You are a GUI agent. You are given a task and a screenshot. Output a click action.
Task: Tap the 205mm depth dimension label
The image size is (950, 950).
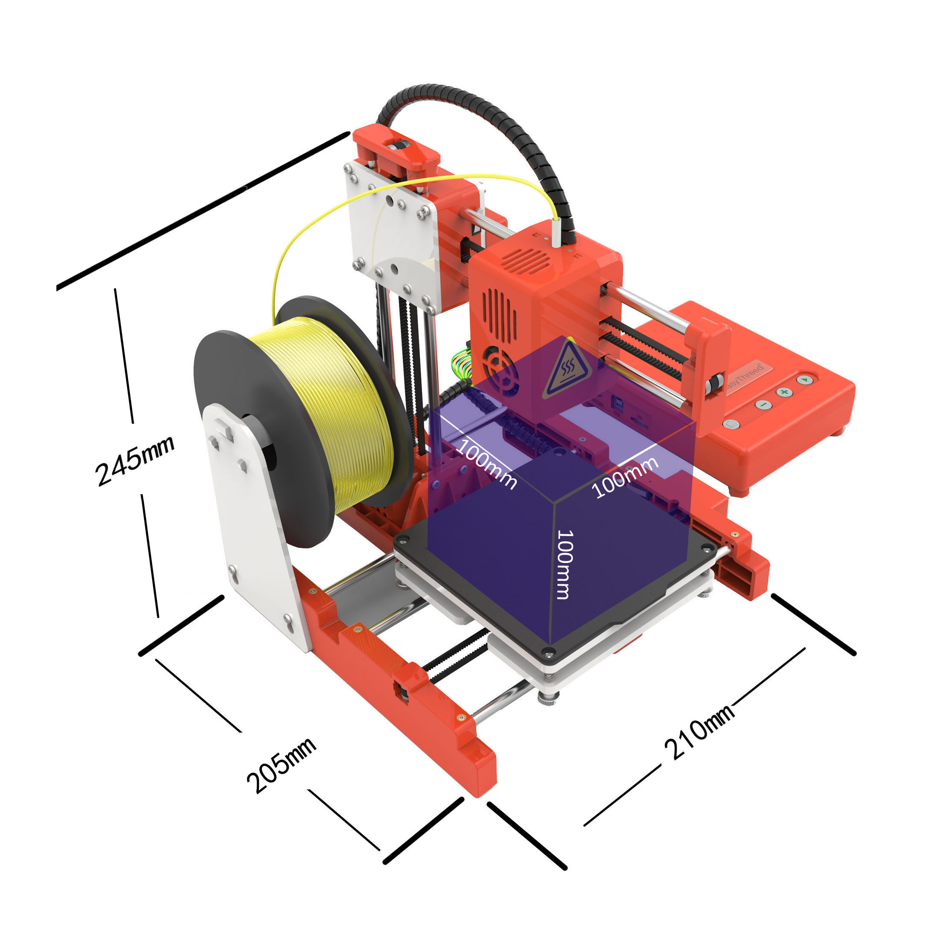coord(281,765)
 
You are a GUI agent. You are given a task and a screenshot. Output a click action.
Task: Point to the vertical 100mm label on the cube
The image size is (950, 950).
coord(565,565)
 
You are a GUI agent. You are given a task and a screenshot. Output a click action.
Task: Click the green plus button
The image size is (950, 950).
coord(784,392)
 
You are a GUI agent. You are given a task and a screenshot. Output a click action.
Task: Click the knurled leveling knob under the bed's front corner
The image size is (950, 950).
coord(549,698)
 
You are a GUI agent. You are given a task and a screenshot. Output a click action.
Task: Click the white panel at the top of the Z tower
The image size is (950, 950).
coord(391,231)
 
